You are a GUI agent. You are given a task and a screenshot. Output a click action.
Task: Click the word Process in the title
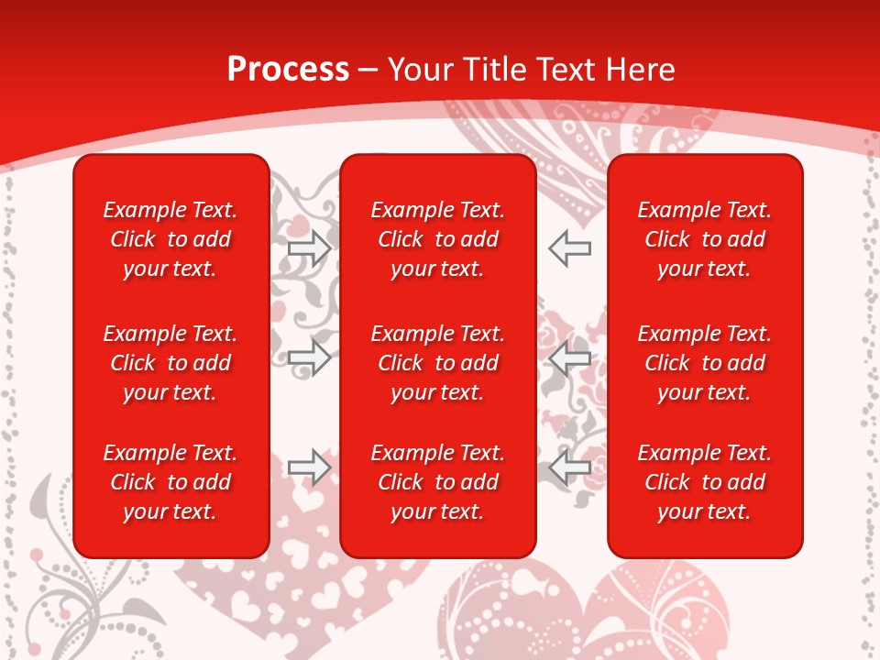point(288,70)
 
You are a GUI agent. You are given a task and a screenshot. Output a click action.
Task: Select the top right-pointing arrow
point(310,248)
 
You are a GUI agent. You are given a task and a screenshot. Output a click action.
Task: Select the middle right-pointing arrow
point(310,357)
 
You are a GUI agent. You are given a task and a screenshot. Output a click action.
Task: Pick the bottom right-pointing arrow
point(310,467)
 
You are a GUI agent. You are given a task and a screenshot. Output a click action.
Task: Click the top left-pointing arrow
point(570,248)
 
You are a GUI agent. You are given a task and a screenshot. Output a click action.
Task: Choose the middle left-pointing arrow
point(570,357)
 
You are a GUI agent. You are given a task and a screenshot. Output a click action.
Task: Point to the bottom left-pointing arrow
point(570,467)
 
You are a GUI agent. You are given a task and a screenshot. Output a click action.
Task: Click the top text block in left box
point(170,239)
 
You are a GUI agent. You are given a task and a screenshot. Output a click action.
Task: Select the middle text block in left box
point(170,363)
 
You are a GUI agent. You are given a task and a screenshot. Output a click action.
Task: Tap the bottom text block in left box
point(170,482)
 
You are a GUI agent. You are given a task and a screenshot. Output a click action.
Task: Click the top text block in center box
point(437,239)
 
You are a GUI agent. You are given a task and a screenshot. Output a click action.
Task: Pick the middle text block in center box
point(437,363)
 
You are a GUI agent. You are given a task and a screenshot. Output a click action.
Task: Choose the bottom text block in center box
point(437,482)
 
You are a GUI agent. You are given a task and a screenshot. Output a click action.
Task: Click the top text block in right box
point(704,239)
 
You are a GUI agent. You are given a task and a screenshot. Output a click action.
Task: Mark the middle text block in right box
point(704,363)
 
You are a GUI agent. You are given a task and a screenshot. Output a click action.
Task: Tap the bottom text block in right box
point(704,482)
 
